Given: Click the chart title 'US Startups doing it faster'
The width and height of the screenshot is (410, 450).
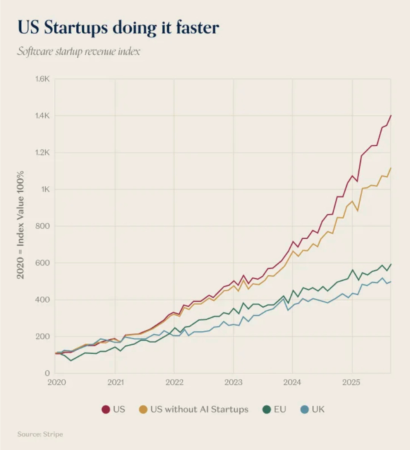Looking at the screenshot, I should (118, 28).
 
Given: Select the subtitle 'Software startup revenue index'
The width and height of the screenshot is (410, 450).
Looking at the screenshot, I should (79, 52).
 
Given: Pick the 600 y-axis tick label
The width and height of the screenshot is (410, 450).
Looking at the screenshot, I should (43, 263).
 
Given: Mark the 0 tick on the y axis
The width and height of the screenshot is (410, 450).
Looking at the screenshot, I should (47, 373).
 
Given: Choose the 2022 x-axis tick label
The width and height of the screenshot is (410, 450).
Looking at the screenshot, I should (174, 382).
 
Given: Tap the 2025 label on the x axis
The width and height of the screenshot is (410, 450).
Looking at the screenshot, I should (352, 382).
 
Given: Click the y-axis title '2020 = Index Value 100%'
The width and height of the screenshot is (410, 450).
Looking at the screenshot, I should (20, 225).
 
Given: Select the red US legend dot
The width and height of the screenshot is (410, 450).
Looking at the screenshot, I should (106, 410).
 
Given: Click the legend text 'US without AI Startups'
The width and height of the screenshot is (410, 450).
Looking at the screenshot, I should (199, 410).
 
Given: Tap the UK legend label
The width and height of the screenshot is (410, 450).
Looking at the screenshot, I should (318, 410).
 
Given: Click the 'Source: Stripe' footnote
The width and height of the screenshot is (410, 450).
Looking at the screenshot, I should (40, 434).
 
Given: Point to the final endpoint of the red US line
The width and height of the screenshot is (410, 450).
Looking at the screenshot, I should (391, 115).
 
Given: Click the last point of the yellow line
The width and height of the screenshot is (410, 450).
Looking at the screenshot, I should (391, 168).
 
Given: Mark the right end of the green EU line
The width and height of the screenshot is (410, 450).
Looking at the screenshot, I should (391, 264).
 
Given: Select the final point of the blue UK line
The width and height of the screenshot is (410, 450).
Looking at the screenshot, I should (391, 282).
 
